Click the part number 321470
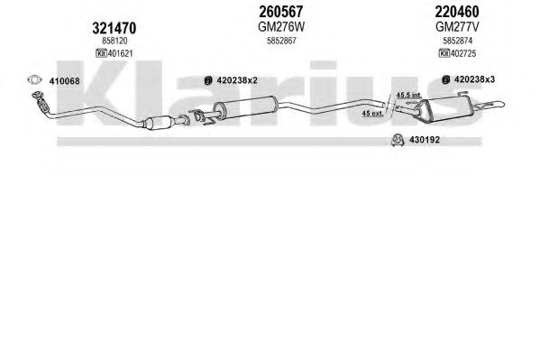[x=114, y=28]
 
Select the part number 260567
[x=280, y=12]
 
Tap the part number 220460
[x=457, y=12]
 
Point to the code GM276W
[x=281, y=26]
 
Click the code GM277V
[x=457, y=26]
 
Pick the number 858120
[x=114, y=41]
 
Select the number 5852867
[x=281, y=41]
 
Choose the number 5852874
[x=457, y=41]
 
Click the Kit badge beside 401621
[x=101, y=53]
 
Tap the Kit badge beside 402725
[x=444, y=53]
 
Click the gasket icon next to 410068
[x=34, y=80]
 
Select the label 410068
[x=64, y=81]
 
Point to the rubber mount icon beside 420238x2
[x=207, y=80]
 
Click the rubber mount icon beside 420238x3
[x=445, y=79]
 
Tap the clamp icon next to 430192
[x=398, y=140]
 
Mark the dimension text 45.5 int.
[x=408, y=95]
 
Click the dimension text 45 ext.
[x=372, y=113]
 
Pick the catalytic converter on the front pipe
[x=159, y=123]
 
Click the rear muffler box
[x=444, y=108]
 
